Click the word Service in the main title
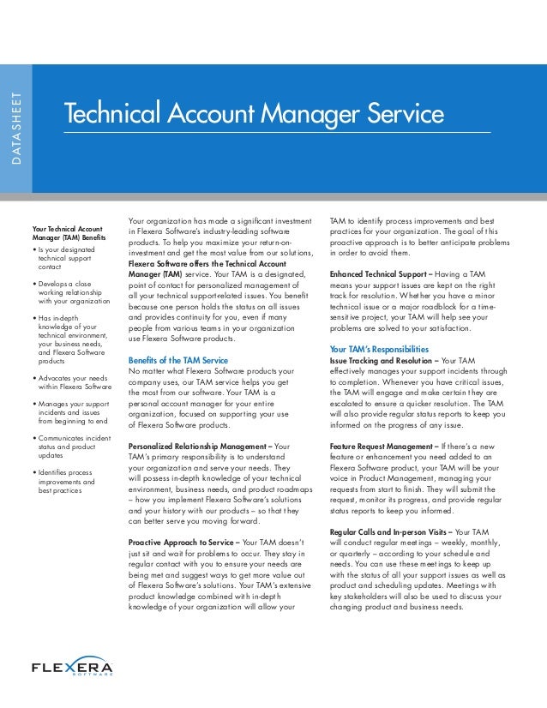(395, 114)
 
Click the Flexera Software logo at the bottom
(72, 667)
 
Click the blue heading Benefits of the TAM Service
(177, 359)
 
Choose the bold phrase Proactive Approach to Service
(184, 543)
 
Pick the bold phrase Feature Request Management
(382, 447)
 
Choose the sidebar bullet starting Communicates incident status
(74, 447)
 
